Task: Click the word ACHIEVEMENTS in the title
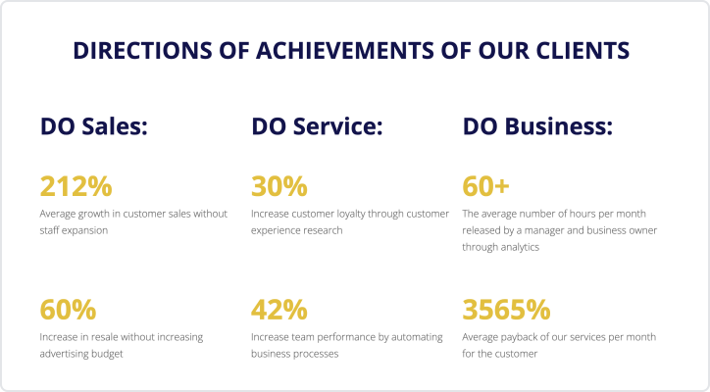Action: pyautogui.click(x=344, y=50)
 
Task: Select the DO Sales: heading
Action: pyautogui.click(x=94, y=125)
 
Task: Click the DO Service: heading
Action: pyautogui.click(x=317, y=125)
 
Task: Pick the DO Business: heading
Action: pyautogui.click(x=537, y=125)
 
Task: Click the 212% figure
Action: pyautogui.click(x=76, y=186)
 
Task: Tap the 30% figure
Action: pyautogui.click(x=279, y=186)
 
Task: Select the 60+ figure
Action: pyautogui.click(x=485, y=186)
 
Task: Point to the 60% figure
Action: pyautogui.click(x=68, y=310)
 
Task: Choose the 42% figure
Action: pyautogui.click(x=279, y=310)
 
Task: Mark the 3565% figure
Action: pyautogui.click(x=506, y=310)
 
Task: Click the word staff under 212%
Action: pyautogui.click(x=49, y=230)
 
